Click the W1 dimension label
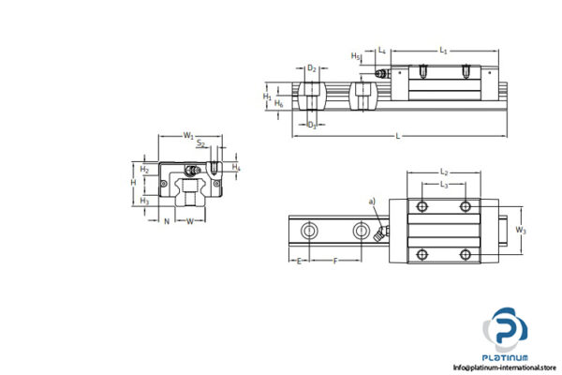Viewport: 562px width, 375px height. pos(189,137)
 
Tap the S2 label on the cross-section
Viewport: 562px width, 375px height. pos(202,145)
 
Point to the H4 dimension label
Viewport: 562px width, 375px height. pos(236,168)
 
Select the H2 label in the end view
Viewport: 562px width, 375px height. pos(145,169)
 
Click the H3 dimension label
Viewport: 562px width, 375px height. pos(144,200)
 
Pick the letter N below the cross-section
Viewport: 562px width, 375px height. pos(166,221)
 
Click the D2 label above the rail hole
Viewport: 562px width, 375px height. pos(312,68)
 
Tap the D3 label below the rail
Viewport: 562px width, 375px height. pos(312,124)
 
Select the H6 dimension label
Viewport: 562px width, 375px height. pos(279,103)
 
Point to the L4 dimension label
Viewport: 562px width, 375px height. pos(382,51)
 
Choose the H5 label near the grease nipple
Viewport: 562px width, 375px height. pos(355,56)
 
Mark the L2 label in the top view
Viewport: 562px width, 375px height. pos(445,172)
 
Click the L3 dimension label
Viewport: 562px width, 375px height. pos(445,185)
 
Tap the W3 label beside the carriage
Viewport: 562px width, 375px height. pos(522,228)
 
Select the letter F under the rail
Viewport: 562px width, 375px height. pos(335,262)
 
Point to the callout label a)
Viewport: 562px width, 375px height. pos(373,201)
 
